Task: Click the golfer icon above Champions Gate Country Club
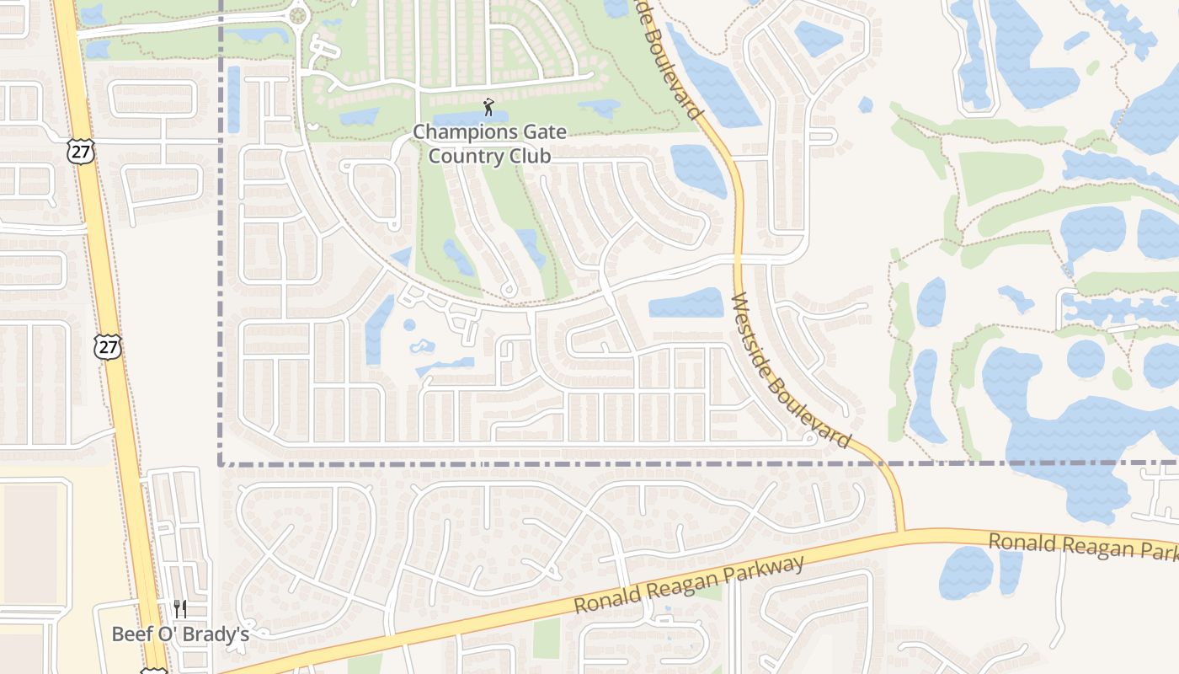click(x=488, y=107)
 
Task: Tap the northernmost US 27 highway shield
click(x=82, y=152)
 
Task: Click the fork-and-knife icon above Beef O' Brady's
click(x=179, y=608)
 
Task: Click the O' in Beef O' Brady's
click(x=173, y=634)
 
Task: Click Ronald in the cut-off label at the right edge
click(x=1019, y=541)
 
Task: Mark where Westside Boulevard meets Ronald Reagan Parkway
click(x=902, y=532)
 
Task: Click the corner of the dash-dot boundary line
click(x=221, y=463)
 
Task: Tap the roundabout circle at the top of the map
click(x=296, y=14)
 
